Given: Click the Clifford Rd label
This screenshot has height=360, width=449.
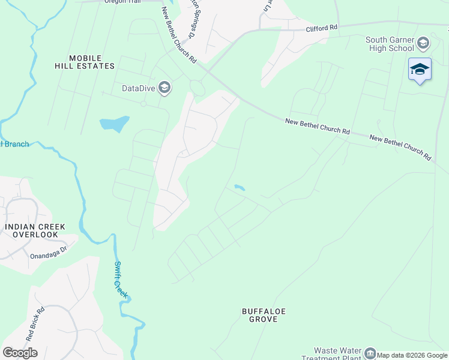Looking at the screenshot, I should point(322,28).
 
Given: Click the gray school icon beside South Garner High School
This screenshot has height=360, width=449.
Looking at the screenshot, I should point(423,43).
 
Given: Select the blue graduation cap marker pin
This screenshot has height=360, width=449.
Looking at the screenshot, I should point(420,70).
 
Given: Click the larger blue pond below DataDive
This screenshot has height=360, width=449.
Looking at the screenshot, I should point(115,124).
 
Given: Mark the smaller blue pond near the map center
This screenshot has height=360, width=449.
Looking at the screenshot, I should point(240,188).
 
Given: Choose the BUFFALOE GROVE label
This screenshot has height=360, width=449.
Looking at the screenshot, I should point(264,315).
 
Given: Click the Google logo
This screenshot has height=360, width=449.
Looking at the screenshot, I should point(20,353).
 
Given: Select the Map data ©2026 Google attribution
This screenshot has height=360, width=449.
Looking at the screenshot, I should point(412,355).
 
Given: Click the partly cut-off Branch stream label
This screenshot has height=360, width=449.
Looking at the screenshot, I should point(15,144).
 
